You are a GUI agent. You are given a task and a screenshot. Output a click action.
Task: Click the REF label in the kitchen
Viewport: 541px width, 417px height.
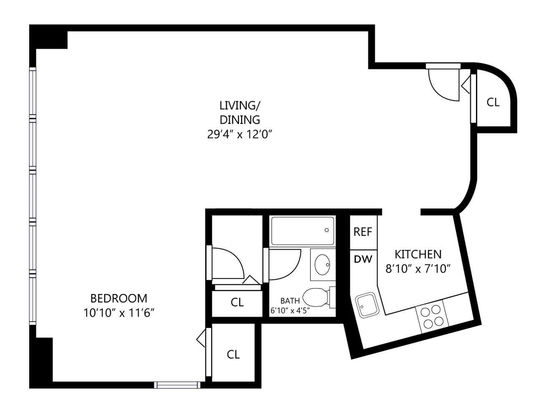click(x=362, y=232)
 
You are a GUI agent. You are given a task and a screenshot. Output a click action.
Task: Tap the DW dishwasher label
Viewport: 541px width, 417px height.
click(x=363, y=259)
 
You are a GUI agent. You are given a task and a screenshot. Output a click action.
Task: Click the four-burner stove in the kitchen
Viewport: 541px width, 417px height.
click(x=430, y=317)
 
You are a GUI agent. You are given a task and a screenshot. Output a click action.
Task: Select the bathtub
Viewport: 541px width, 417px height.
click(x=303, y=231)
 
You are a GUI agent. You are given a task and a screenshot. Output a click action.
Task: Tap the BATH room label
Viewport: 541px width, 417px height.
click(x=290, y=301)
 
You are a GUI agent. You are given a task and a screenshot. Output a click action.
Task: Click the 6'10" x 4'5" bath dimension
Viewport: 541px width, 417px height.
click(x=290, y=310)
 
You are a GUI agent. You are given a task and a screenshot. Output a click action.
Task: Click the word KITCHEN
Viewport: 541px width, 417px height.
click(x=418, y=254)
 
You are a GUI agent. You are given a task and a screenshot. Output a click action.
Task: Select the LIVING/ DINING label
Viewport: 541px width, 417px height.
click(x=240, y=112)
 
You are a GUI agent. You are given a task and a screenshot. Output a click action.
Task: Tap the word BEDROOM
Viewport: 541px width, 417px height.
click(x=119, y=298)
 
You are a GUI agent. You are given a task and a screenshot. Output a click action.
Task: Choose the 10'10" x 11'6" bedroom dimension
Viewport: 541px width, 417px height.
click(x=119, y=313)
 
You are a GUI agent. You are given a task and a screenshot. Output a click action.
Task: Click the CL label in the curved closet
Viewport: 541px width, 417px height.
click(x=493, y=102)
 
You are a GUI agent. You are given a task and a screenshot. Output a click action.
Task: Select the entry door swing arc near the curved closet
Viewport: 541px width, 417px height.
click(x=443, y=86)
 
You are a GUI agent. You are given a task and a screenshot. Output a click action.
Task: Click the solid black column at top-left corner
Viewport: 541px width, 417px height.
click(x=48, y=37)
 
